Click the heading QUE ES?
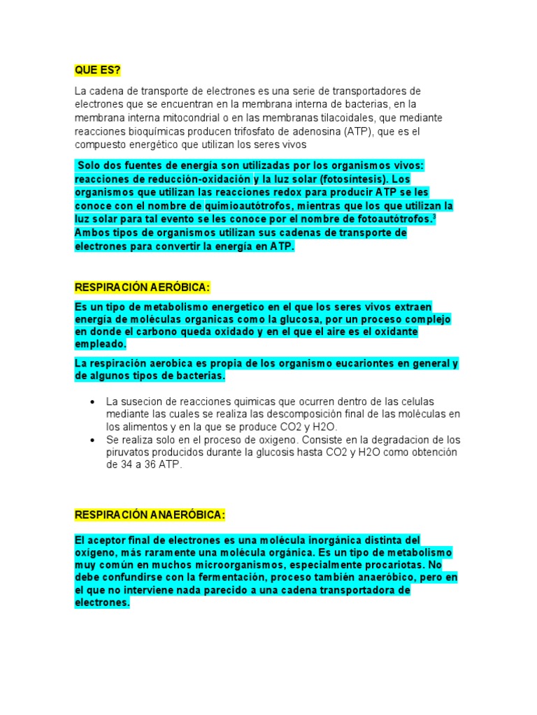[x=97, y=70]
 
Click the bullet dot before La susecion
[x=94, y=401]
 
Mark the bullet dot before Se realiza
[x=94, y=440]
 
